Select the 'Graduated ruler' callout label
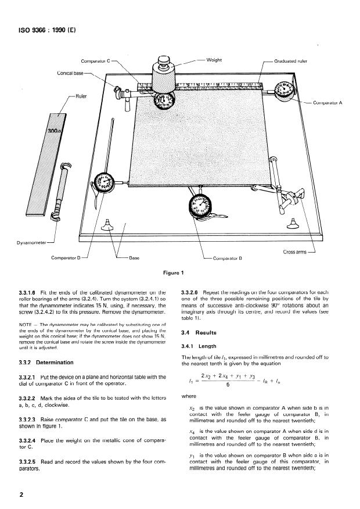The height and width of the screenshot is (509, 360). [294, 60]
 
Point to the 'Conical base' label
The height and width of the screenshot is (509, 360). [71, 73]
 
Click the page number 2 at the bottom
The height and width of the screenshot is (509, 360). [21, 494]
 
